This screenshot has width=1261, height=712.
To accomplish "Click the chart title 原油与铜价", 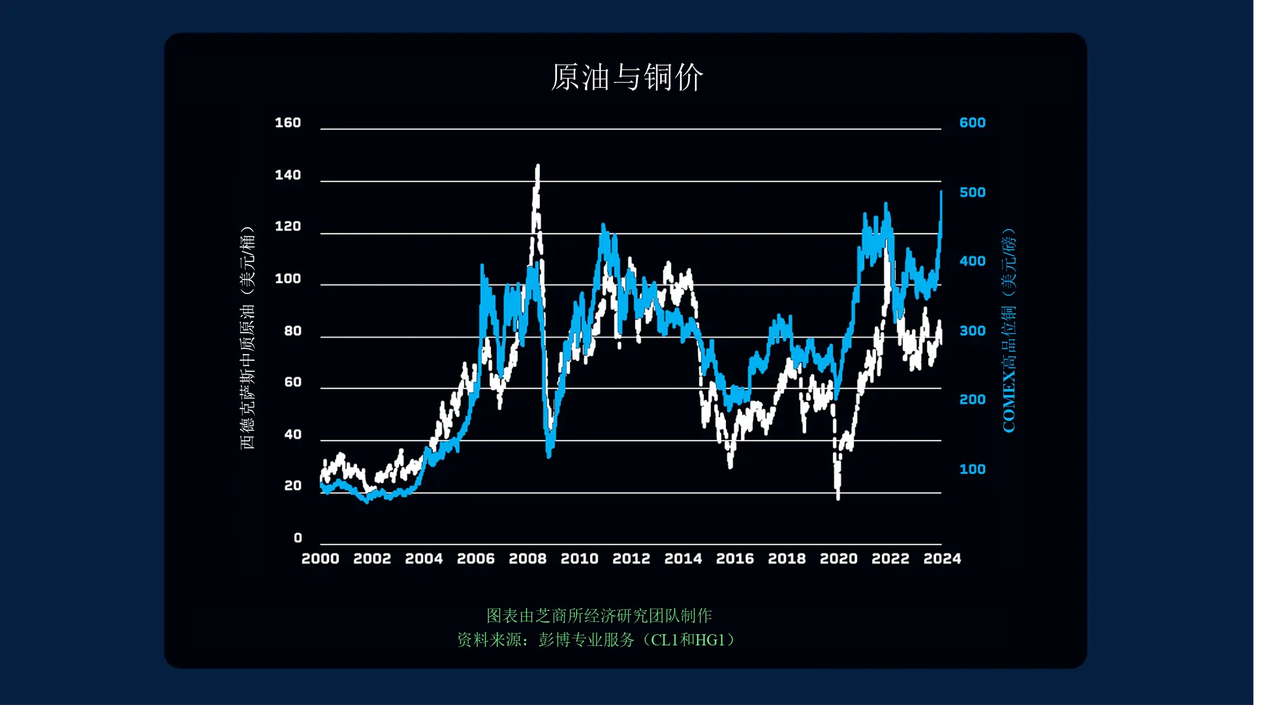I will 627,77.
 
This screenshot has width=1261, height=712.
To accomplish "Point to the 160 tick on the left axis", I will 287,123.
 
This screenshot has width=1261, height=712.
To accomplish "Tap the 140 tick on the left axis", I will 287,175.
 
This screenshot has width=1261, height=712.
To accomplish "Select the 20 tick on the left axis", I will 292,486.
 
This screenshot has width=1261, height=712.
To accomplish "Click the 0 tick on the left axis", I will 297,538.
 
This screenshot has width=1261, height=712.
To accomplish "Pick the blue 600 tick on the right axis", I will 972,123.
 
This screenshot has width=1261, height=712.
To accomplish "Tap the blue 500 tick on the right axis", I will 972,192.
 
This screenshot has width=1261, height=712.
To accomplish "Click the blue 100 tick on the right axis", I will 972,469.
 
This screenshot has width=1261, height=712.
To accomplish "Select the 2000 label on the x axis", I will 320,559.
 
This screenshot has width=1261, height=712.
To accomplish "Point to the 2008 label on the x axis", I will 528,559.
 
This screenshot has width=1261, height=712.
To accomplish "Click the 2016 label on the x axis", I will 735,559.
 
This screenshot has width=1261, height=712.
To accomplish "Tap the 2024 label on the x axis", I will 942,559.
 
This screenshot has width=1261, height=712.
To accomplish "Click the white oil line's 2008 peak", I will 538,167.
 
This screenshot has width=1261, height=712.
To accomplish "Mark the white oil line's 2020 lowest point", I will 839,497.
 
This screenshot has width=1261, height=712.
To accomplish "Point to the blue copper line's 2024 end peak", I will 941,192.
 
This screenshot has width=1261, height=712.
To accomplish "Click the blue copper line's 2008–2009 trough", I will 549,455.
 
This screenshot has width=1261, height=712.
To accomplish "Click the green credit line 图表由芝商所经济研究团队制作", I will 599,616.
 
